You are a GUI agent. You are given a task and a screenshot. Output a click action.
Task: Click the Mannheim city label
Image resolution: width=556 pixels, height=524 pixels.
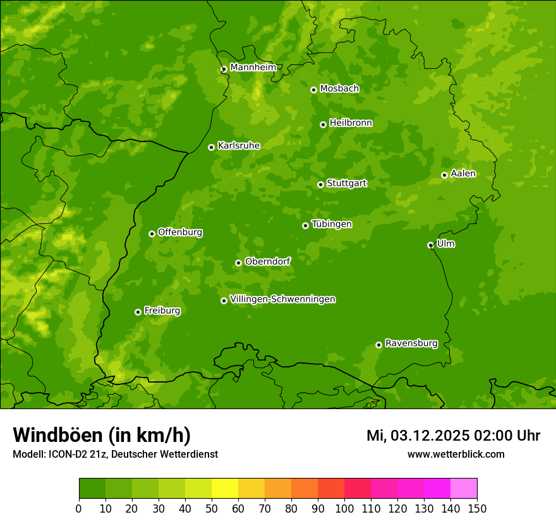coord(253,68)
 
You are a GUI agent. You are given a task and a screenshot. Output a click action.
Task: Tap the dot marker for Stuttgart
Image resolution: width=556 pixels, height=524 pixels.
coord(320,184)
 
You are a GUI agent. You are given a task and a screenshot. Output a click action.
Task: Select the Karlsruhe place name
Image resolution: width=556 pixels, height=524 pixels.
coord(239,146)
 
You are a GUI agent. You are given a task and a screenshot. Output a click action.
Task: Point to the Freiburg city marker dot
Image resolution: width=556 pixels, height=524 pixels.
coord(138,312)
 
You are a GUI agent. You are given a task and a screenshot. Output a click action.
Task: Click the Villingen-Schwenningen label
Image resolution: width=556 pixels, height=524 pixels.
coord(283,299)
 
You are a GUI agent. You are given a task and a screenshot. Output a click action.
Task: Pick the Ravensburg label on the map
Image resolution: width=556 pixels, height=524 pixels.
coord(411,343)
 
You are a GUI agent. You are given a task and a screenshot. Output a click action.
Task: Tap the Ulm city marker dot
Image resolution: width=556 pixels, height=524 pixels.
coord(430,245)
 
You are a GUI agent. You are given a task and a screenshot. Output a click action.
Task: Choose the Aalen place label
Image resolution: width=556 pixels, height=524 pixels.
coord(463,174)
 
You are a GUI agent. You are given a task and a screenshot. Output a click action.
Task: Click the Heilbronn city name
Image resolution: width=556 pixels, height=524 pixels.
coord(351,123)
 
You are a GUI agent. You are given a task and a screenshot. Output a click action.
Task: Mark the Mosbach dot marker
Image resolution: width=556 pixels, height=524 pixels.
coord(313,90)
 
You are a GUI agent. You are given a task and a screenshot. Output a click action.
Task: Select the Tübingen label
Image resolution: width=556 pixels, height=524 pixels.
coord(332,224)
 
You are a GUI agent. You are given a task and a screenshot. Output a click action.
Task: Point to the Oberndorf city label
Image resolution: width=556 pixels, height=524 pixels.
coord(268,261)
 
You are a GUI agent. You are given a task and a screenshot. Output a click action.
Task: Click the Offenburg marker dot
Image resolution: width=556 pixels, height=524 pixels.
coord(152,234)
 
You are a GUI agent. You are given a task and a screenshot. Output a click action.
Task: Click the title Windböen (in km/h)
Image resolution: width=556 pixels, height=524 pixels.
coord(102,435)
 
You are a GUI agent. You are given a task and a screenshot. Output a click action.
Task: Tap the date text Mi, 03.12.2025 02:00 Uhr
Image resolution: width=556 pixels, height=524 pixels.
coord(453,436)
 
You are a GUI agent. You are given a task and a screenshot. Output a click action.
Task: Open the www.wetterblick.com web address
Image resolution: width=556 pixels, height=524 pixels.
coord(456,454)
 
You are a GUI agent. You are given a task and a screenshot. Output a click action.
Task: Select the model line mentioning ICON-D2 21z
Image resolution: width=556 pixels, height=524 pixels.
coord(115,454)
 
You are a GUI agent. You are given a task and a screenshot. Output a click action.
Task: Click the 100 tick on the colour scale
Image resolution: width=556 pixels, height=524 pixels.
coord(344,508)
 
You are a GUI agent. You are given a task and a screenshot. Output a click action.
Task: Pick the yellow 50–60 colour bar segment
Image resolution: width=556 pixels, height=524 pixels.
coord(225,489)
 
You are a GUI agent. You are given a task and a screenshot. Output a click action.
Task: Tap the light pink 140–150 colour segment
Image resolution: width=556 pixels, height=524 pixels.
coord(464,489)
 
